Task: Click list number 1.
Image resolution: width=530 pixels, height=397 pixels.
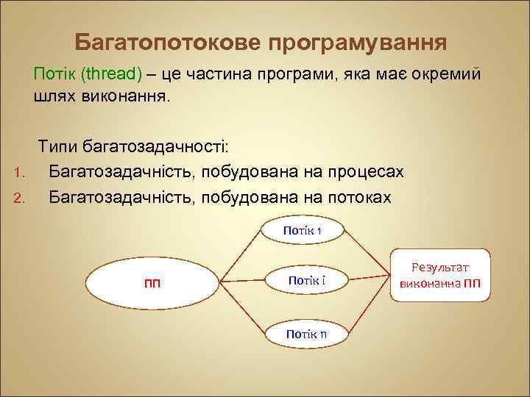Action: pos(20,174)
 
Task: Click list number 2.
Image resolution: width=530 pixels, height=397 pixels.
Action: pos(20,198)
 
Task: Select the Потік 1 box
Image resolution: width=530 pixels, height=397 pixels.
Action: pos(303,231)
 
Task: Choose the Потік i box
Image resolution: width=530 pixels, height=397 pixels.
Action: pos(307,281)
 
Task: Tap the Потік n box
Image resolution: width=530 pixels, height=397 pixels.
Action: pos(306,335)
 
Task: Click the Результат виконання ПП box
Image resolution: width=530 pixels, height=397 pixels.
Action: pos(439,276)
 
